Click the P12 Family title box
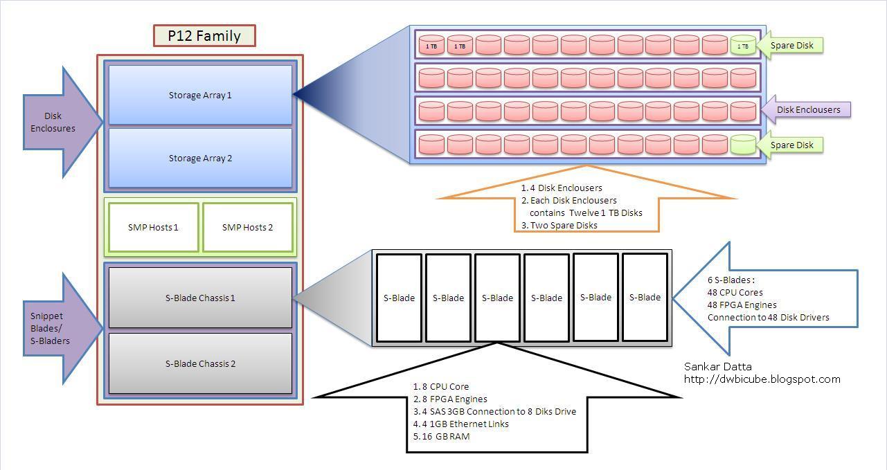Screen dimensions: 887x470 coord(204,35)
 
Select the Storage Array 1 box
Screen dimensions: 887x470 coord(200,95)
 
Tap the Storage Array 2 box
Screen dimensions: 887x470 coord(200,158)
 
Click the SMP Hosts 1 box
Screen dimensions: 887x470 coord(153,227)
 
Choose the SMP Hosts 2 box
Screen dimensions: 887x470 coord(247,227)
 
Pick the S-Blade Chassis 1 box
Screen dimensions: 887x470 coord(200,298)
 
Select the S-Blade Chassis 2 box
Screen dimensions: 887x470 coord(200,363)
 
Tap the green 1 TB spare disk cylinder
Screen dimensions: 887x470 coord(743,45)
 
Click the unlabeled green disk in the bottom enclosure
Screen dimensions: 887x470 coord(743,144)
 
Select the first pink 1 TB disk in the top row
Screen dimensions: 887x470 coord(431,45)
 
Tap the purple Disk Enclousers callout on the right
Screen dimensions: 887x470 coord(806,109)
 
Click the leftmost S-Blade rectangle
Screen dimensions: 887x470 coord(399,298)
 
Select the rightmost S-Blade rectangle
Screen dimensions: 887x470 coord(645,298)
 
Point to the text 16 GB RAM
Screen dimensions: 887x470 coord(446,436)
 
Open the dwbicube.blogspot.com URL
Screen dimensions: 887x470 coord(762,379)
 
